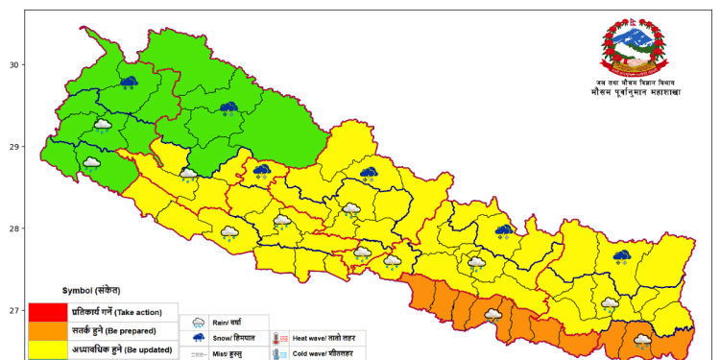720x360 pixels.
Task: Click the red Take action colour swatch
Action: point(47,312)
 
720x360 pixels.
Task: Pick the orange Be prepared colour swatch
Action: point(47,330)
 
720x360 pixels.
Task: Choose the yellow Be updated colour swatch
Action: point(47,349)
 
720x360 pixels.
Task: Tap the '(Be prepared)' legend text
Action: point(145,331)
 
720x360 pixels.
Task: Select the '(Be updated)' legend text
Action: point(144,349)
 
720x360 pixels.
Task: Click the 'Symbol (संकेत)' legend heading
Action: point(91,290)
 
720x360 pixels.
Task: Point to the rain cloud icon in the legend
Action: point(199,324)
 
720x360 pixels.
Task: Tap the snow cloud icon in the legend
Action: point(199,339)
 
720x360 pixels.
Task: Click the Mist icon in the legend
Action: point(199,354)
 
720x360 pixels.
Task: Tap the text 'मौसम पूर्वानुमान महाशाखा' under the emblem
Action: point(635,93)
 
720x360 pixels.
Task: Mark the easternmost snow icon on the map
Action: point(622,256)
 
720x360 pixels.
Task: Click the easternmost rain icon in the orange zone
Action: point(642,340)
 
